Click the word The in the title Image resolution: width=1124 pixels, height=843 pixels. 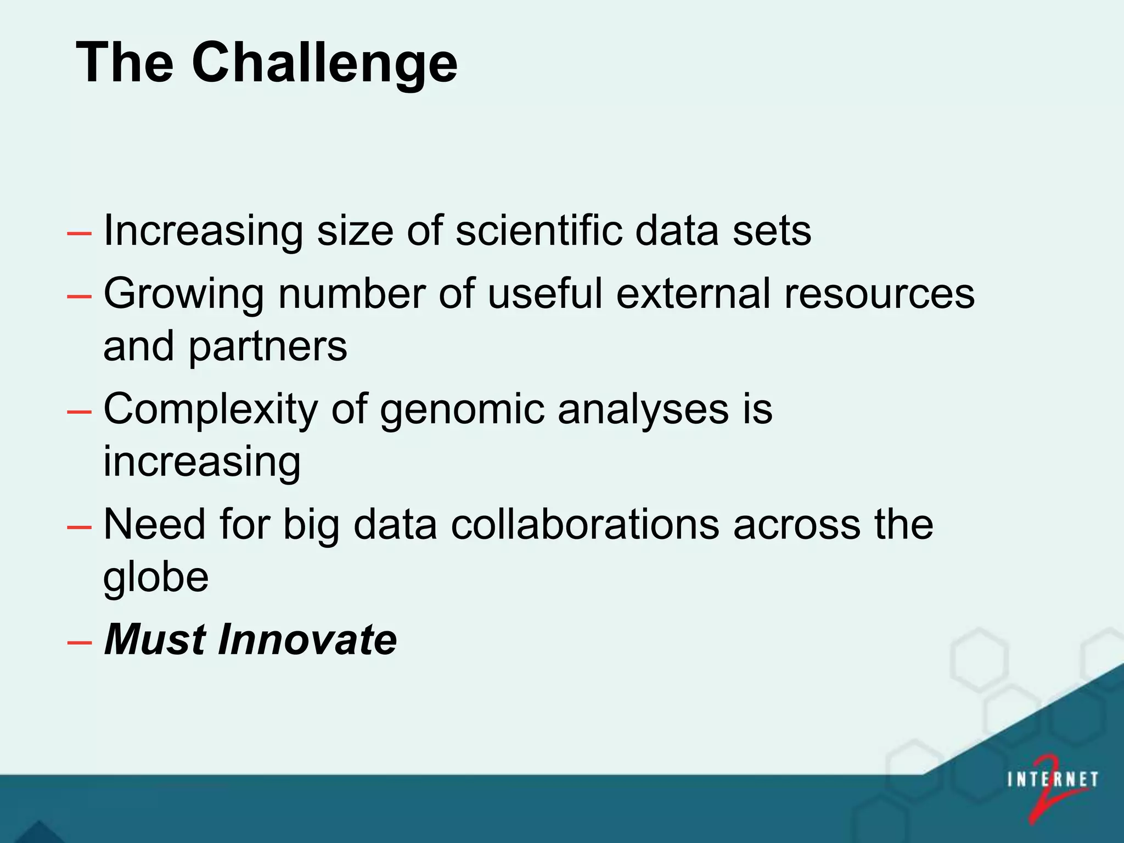pos(125,63)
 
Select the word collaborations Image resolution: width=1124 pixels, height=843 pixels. pos(585,525)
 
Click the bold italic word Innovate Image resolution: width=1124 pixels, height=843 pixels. pos(307,640)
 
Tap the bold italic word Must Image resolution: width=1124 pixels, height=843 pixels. pos(155,640)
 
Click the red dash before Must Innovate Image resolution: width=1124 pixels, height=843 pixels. pos(79,642)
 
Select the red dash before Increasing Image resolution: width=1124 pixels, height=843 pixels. pos(79,233)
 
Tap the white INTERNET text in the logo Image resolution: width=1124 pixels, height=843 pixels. pos(1052,780)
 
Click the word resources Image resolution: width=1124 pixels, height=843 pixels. pos(879,294)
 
